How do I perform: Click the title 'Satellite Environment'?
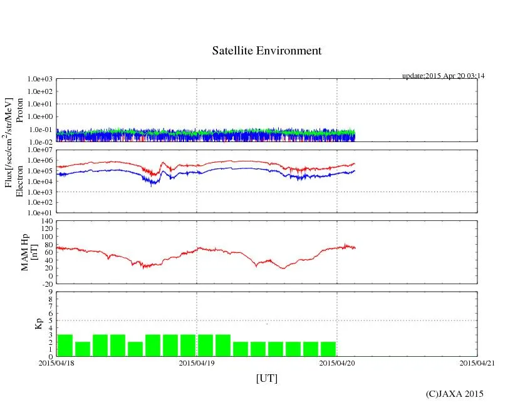coord(267,51)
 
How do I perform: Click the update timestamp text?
coord(443,76)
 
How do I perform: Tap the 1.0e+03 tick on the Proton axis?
coord(39,79)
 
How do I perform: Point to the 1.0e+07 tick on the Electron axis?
coord(39,150)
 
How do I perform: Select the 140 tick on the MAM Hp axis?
coord(44,221)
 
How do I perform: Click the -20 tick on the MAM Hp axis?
coord(46,284)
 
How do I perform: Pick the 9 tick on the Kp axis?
coord(50,291)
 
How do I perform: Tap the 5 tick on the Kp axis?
coord(50,320)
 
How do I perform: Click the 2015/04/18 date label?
coord(56,363)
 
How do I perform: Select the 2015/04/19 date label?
coord(197,363)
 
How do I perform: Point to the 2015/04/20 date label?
coord(337,363)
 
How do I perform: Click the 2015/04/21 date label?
coord(477,363)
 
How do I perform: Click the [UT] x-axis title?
coord(267,379)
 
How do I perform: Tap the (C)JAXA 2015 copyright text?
coord(454,394)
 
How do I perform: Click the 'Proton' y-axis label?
coord(20,110)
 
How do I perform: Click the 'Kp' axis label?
coord(38,324)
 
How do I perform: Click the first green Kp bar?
coord(65,346)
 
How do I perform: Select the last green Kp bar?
coord(328,349)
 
